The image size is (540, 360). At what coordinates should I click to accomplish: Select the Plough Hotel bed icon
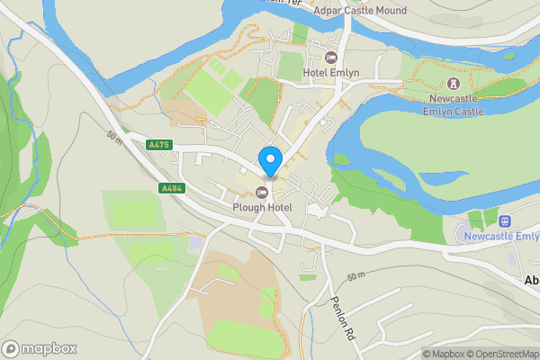click(x=262, y=192)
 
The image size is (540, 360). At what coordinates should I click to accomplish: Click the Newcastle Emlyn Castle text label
click(x=453, y=106)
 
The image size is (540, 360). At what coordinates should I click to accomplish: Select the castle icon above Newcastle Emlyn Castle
click(x=453, y=84)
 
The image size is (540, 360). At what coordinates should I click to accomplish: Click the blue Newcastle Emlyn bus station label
click(x=501, y=236)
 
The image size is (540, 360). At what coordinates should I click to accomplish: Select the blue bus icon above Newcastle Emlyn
click(x=505, y=220)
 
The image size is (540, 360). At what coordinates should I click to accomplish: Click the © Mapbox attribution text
click(x=443, y=354)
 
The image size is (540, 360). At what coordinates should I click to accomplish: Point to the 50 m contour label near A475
click(x=112, y=136)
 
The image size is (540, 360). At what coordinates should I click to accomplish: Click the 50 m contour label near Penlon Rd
click(x=357, y=274)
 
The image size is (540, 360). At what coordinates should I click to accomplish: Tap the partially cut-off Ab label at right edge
click(x=531, y=280)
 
